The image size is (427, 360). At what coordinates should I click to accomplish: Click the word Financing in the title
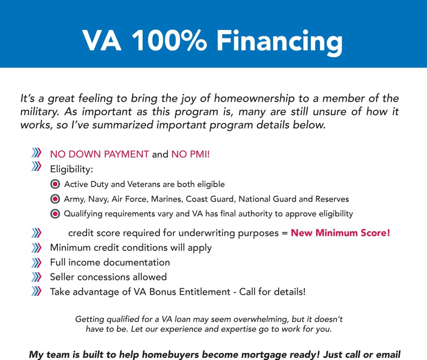click(279, 42)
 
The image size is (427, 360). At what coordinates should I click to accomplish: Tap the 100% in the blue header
click(169, 40)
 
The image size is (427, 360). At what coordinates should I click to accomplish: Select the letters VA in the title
click(102, 40)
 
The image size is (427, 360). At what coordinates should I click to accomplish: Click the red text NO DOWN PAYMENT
click(99, 154)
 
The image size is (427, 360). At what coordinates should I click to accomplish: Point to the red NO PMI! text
click(191, 154)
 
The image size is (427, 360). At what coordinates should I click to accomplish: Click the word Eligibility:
click(72, 169)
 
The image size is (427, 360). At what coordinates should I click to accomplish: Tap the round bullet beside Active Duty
click(55, 184)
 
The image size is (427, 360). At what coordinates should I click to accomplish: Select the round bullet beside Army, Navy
click(55, 199)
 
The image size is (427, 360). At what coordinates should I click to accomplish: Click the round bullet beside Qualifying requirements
click(55, 214)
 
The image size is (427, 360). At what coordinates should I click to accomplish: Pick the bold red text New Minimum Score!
click(340, 233)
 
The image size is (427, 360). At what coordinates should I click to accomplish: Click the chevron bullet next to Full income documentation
click(36, 262)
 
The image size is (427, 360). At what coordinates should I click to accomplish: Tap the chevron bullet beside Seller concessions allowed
click(36, 277)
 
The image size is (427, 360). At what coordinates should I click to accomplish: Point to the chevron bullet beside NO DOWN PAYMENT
click(36, 152)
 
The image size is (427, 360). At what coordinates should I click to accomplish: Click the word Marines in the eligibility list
click(167, 199)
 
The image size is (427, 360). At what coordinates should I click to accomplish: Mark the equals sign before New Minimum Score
click(285, 233)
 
